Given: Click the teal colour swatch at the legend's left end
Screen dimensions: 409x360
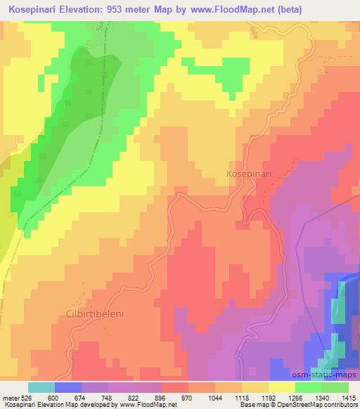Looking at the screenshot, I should (41, 387).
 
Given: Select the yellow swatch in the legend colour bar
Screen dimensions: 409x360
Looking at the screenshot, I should (282, 387).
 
